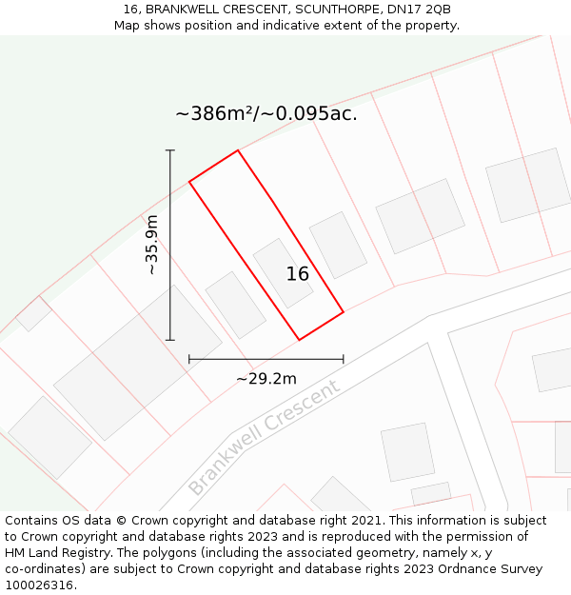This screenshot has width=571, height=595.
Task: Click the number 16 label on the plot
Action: [x=298, y=274]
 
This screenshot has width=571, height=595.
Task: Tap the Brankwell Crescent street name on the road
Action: [x=264, y=438]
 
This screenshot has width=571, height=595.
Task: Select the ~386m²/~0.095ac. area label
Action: [x=266, y=114]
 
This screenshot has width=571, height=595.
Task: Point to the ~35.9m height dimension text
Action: [x=151, y=245]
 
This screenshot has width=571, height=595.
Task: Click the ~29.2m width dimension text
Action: [x=266, y=378]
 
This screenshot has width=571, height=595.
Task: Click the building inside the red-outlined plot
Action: [x=283, y=272]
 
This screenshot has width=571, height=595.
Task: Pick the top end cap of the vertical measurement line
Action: [x=170, y=150]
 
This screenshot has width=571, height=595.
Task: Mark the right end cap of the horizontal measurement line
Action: [x=344, y=359]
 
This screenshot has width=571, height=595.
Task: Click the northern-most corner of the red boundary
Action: [x=237, y=150]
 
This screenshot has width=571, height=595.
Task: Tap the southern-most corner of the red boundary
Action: [x=300, y=340]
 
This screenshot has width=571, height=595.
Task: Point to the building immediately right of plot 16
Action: [x=338, y=245]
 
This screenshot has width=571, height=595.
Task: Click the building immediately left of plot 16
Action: [x=236, y=305]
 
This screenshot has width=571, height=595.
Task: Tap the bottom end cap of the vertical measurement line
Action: [x=170, y=340]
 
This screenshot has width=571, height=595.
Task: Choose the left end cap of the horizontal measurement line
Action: [x=189, y=359]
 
